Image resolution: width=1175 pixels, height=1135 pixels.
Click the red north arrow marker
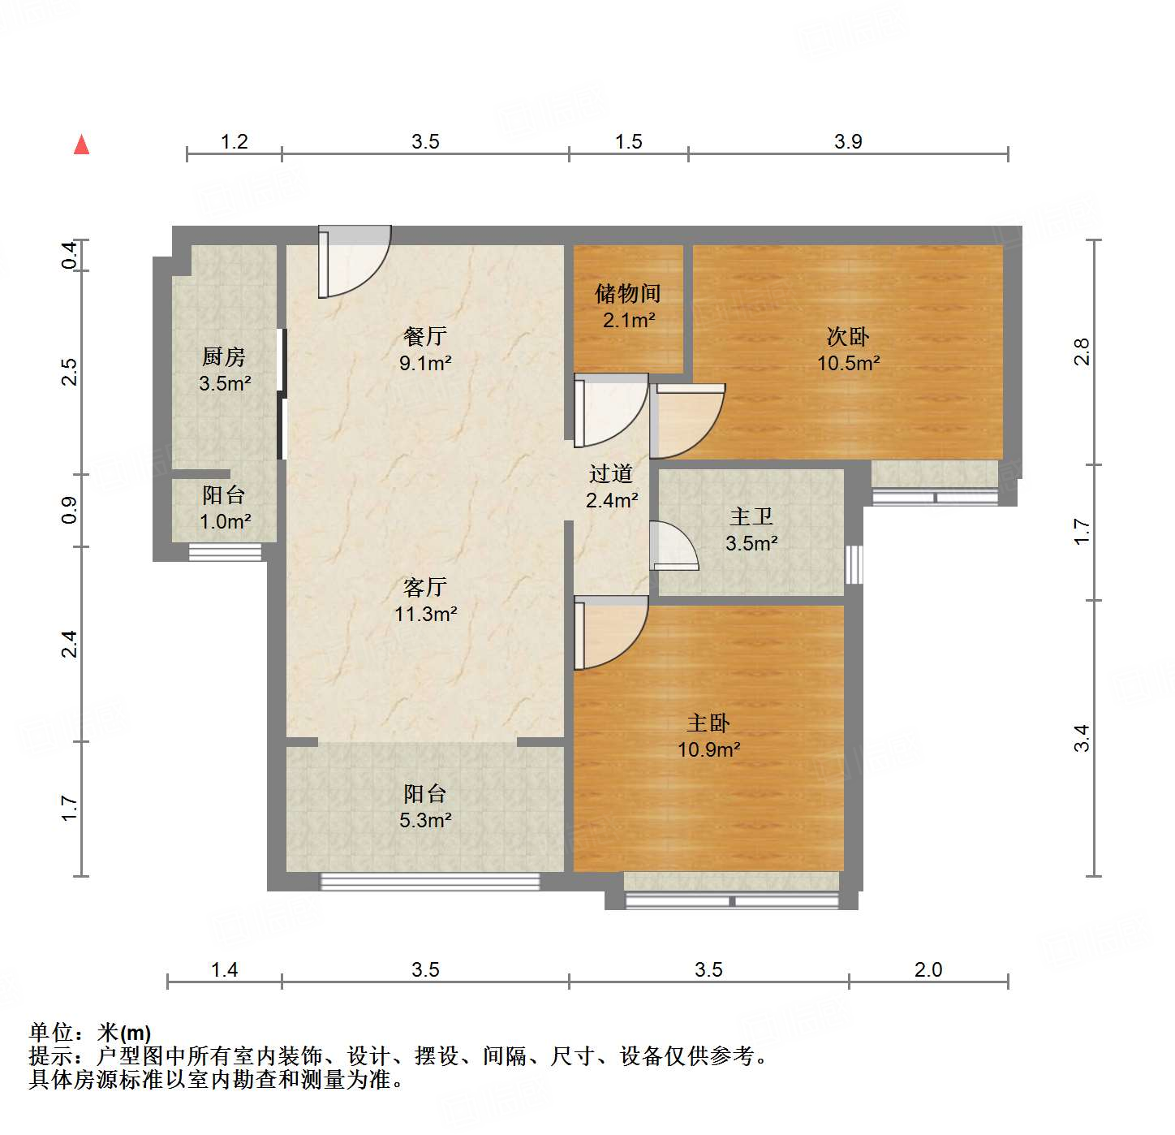82,145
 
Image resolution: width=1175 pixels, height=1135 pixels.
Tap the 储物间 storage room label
628,293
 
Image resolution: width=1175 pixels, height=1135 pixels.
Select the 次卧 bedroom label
848,336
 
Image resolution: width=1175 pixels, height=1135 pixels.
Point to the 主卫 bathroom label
751,516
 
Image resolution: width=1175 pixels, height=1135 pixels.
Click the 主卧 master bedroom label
708,723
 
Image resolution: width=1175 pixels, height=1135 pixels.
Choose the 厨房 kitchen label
224,356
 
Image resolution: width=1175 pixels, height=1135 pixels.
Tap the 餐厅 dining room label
425,336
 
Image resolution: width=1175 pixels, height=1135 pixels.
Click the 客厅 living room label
425,587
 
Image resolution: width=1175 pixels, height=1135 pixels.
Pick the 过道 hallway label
611,473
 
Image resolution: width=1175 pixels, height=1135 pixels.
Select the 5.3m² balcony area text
425,820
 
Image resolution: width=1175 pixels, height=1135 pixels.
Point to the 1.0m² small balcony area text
225,521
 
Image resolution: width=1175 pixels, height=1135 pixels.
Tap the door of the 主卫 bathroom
674,546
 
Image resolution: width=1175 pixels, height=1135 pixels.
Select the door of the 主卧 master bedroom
610,632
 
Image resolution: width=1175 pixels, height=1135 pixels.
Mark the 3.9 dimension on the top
848,142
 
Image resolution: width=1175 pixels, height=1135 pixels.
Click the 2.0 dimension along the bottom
928,969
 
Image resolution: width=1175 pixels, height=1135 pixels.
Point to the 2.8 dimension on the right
1082,352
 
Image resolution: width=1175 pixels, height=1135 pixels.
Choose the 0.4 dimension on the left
71,256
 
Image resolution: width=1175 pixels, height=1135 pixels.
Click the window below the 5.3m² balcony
430,881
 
